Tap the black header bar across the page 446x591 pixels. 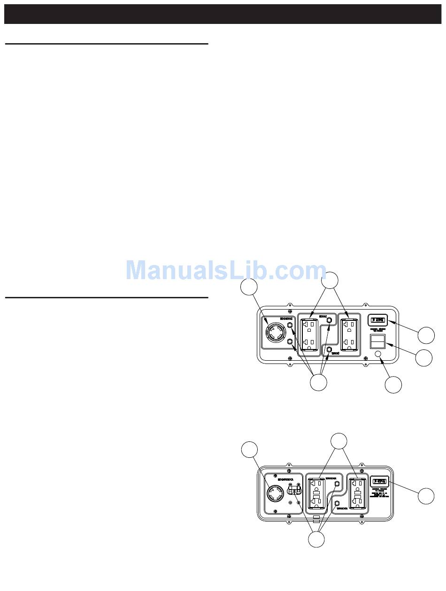click(x=223, y=14)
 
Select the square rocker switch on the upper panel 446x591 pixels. click(x=378, y=341)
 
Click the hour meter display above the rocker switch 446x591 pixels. click(x=378, y=321)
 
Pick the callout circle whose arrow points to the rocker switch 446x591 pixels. click(x=424, y=358)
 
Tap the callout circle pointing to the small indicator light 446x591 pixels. click(x=393, y=385)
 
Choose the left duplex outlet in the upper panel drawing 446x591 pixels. click(x=309, y=334)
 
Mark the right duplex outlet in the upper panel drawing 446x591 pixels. click(x=349, y=334)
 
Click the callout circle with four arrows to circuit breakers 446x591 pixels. click(x=319, y=382)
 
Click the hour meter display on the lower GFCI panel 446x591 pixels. click(x=379, y=481)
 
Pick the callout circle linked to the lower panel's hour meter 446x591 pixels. click(x=426, y=496)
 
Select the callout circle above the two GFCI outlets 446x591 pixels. click(x=339, y=441)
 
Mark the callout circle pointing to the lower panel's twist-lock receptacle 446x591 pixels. click(x=249, y=449)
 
